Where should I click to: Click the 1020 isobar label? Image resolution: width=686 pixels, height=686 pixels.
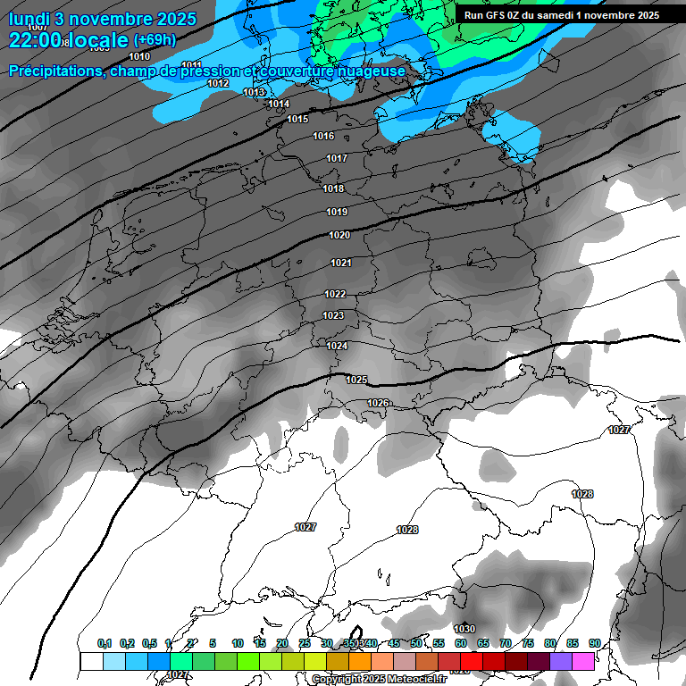(339, 235)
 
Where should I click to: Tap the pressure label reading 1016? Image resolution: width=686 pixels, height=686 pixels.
(323, 136)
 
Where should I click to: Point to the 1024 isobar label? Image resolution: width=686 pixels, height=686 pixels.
(337, 346)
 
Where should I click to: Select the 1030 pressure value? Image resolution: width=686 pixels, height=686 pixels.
(464, 629)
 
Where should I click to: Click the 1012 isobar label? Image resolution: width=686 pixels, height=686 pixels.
(218, 83)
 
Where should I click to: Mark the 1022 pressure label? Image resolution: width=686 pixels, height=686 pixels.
(335, 294)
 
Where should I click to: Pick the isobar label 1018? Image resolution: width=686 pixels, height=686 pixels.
(333, 188)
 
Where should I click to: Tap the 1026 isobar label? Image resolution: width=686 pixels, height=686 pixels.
(378, 403)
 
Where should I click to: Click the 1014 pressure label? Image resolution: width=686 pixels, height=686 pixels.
(279, 104)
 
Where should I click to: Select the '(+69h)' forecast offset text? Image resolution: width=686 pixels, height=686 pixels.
(155, 40)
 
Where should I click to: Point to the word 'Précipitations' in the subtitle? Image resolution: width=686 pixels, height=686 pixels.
(54, 71)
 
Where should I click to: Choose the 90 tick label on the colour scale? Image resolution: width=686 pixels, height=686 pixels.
(594, 643)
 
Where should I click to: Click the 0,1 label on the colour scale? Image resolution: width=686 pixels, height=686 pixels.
(105, 643)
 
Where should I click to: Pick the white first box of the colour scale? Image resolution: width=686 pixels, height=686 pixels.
(91, 661)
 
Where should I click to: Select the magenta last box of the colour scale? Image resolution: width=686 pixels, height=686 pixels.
(583, 661)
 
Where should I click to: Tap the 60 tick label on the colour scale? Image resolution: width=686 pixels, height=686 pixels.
(461, 643)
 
